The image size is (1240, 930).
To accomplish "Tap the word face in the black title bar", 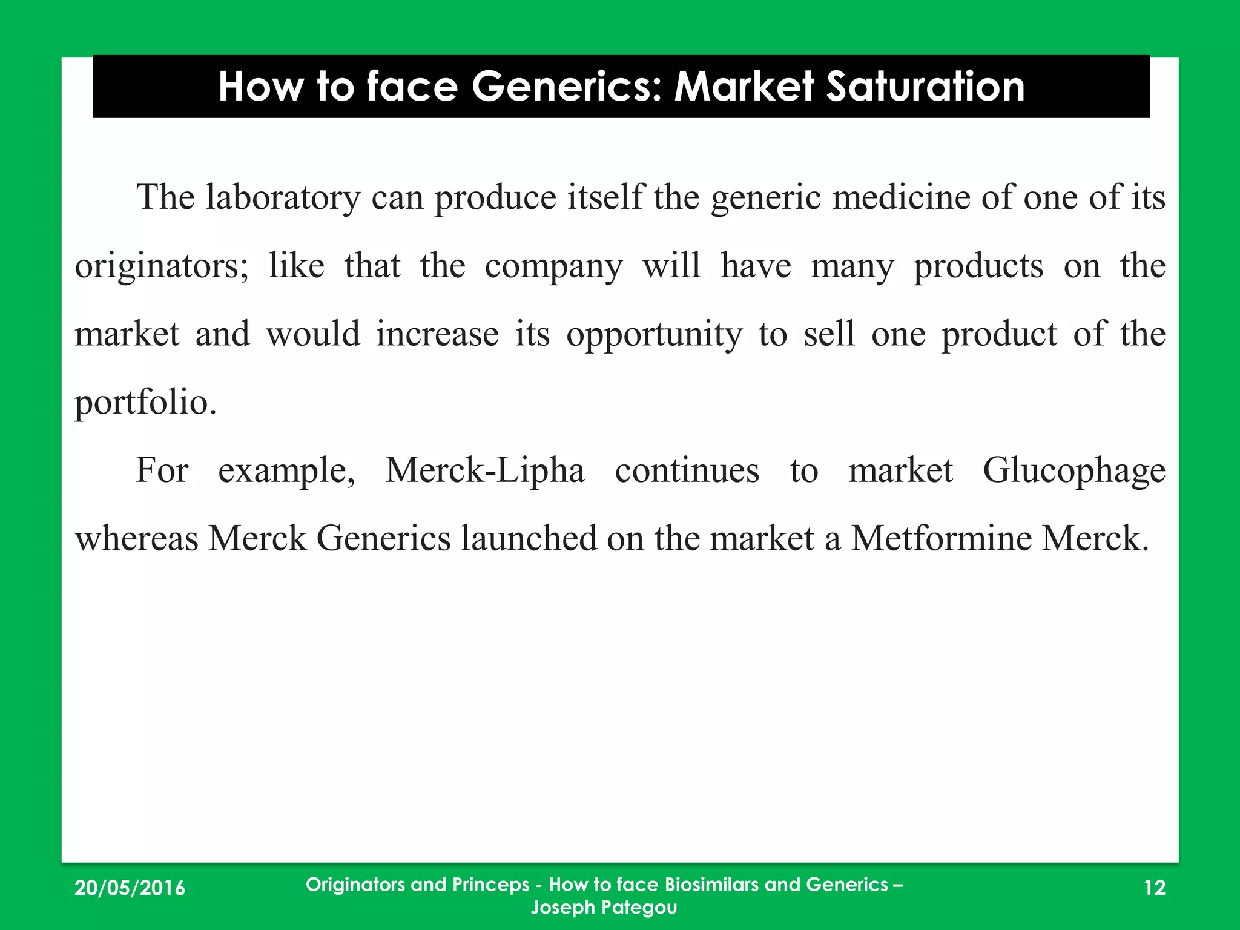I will [412, 87].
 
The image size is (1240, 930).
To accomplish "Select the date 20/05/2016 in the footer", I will [130, 888].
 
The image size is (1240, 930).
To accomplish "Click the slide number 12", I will [1155, 888].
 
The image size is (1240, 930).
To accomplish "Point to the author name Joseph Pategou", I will [604, 907].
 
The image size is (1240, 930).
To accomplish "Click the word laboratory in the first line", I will [283, 197].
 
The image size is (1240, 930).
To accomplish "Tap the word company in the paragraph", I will [553, 266].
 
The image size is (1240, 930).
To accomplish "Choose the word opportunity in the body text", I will [654, 335].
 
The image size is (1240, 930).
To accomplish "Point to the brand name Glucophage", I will [1073, 470].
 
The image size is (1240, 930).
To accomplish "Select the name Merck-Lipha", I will [485, 470].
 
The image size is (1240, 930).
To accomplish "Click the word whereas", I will [136, 538].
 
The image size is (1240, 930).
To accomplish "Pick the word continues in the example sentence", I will [687, 470].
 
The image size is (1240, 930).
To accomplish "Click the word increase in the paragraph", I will [437, 335].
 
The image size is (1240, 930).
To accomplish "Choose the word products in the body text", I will [978, 266].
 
